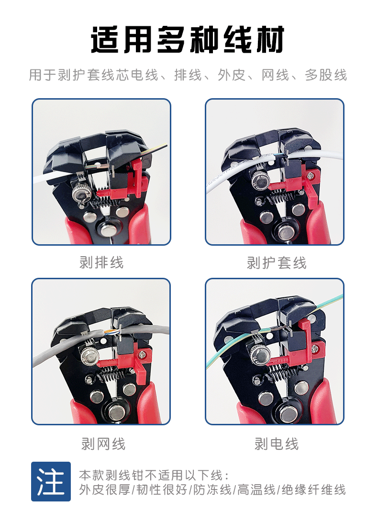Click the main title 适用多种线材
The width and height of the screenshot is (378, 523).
click(188, 39)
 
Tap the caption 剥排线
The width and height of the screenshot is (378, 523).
click(101, 262)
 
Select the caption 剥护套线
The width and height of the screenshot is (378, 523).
click(276, 262)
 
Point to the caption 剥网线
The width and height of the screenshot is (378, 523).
click(103, 444)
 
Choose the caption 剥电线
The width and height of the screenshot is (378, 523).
click(276, 444)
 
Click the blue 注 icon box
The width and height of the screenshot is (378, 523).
click(51, 481)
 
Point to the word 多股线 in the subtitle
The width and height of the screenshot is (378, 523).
click(326, 75)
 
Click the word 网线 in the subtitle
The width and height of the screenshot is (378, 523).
click(275, 75)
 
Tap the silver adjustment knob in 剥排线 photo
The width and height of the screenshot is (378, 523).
click(79, 194)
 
